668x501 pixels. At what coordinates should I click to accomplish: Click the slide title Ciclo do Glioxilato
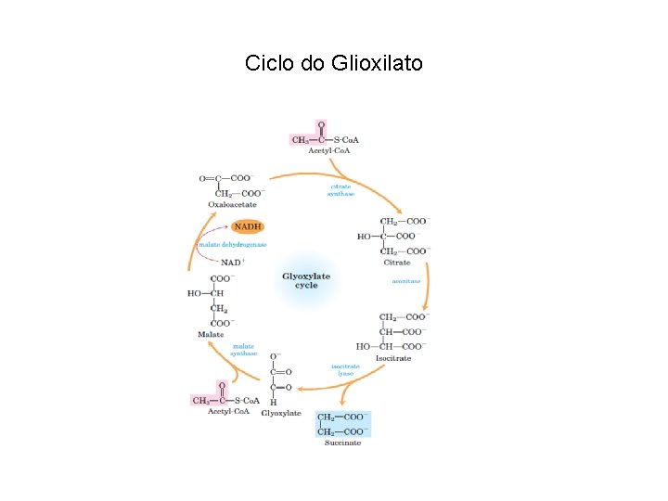coord(333,63)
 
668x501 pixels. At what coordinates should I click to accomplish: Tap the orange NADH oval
coord(248,226)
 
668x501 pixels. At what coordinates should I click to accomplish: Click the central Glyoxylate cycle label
coord(306,280)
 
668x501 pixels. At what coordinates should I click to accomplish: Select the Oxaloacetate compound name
coord(231,204)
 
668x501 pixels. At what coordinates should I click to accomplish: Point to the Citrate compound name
coord(397,263)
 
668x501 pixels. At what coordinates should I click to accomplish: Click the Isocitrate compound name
coord(393,358)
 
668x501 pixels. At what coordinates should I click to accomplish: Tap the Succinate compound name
coord(343,443)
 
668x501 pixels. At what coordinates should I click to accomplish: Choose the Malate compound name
coord(211,334)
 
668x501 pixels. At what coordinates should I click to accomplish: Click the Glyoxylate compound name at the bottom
coord(281,413)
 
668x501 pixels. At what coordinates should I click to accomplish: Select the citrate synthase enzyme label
coord(341,190)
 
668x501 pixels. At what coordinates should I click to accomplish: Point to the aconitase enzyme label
coord(405,280)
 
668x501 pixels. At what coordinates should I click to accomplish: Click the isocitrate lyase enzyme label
coord(345,369)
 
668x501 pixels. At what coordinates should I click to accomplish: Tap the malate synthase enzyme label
coord(243,350)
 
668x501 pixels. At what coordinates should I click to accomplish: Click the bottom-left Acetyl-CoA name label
coord(228,411)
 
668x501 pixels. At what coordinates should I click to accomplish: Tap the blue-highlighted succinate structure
coord(343,424)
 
